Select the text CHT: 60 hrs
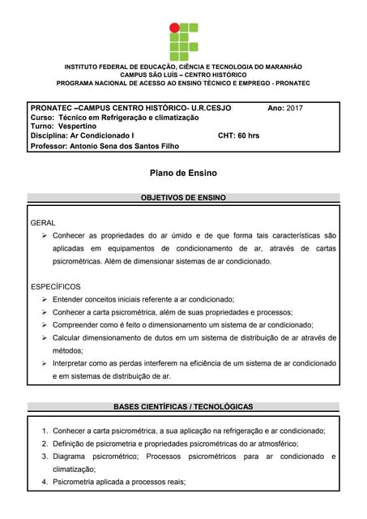click(x=239, y=136)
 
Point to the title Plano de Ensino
click(x=183, y=173)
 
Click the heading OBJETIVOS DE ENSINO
click(x=183, y=197)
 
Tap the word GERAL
click(x=43, y=222)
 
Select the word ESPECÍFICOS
click(x=55, y=286)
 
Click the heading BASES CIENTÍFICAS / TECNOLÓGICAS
click(x=183, y=406)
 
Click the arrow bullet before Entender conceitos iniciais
click(x=45, y=299)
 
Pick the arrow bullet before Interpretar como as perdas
click(x=45, y=363)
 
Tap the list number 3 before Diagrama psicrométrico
click(x=45, y=457)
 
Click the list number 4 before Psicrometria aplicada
click(x=45, y=482)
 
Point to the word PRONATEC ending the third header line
click(x=293, y=84)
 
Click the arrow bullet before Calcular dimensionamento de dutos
click(x=45, y=337)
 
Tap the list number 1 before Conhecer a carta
click(x=45, y=431)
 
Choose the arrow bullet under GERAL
click(x=45, y=235)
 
